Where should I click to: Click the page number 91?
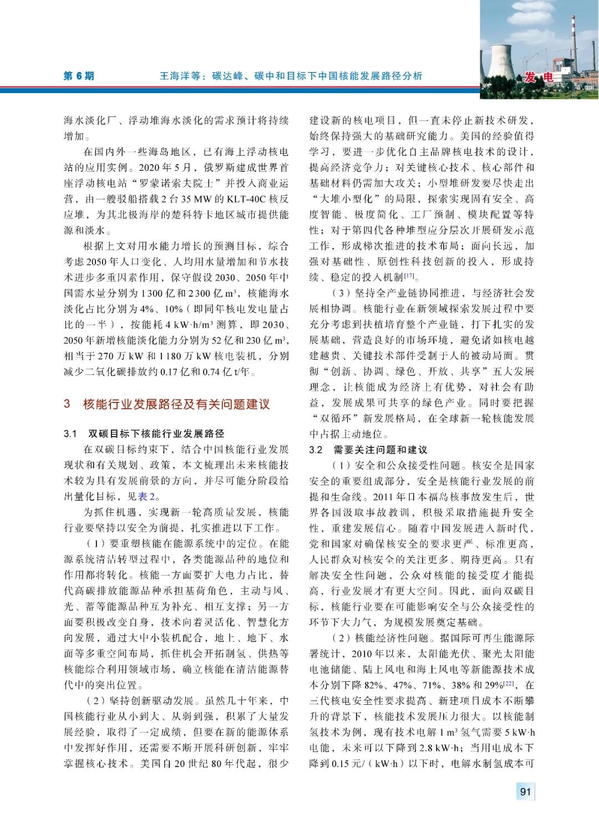[525, 791]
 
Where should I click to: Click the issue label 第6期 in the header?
[79, 76]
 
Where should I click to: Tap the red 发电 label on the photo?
[538, 78]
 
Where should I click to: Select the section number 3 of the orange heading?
[67, 404]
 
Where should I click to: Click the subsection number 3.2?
[316, 449]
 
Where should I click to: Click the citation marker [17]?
[409, 276]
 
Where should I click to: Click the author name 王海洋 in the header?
[174, 76]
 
